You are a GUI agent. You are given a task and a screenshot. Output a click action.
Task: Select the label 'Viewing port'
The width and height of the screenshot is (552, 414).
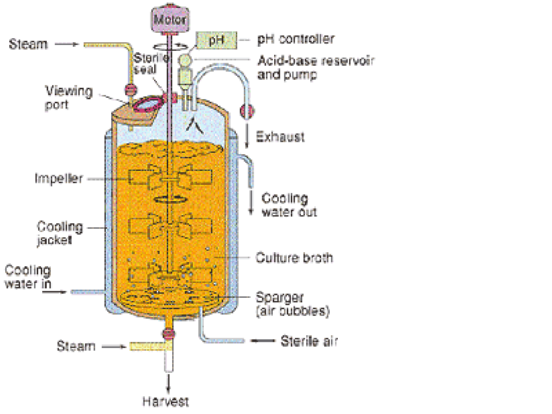pyautogui.click(x=69, y=97)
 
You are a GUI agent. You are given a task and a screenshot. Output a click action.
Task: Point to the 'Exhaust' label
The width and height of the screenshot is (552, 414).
pyautogui.click(x=280, y=137)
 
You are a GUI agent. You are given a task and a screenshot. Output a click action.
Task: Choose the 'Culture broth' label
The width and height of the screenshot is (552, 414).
pyautogui.click(x=294, y=258)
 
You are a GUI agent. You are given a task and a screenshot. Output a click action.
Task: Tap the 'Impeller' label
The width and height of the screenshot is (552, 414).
pyautogui.click(x=58, y=179)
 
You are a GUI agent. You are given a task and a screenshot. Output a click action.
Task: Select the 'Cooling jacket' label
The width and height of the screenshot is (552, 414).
pyautogui.click(x=60, y=233)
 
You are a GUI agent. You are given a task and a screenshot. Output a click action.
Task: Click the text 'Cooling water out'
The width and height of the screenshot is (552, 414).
pyautogui.click(x=289, y=204)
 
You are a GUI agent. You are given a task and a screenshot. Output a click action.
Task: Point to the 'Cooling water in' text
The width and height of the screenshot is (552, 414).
pyautogui.click(x=28, y=277)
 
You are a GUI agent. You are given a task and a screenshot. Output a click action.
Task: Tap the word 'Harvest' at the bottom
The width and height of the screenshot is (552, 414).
pyautogui.click(x=165, y=401)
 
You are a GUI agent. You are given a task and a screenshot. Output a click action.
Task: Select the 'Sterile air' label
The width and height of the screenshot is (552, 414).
pyautogui.click(x=309, y=341)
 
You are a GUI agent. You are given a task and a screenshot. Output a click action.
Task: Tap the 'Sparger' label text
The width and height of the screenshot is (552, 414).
pyautogui.click(x=280, y=297)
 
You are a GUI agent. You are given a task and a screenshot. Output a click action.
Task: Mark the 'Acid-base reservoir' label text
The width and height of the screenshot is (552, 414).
pyautogui.click(x=316, y=61)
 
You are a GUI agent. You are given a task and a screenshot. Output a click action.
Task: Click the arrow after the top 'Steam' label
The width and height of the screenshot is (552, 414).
pyautogui.click(x=66, y=44)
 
